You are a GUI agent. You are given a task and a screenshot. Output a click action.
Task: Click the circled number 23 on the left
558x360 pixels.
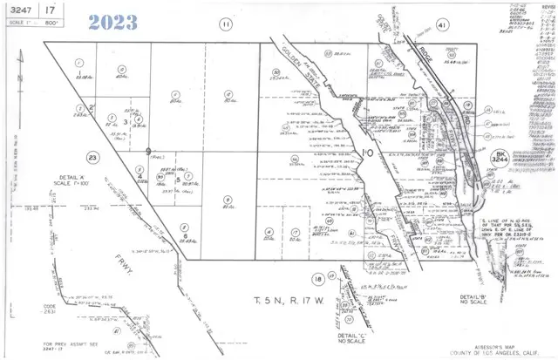click(92, 157)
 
